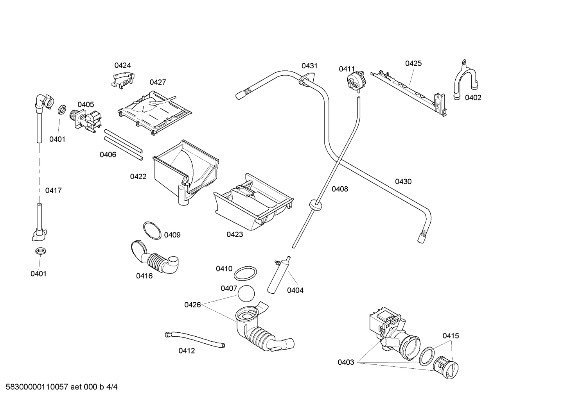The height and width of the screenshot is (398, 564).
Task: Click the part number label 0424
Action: coord(122,65)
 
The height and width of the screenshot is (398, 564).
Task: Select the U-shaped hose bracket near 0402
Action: coord(465,82)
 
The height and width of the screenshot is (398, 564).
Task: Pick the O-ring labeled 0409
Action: coord(152,230)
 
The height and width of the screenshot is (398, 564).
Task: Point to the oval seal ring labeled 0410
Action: coord(246,273)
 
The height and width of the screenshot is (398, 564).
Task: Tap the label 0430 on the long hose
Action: coord(403,181)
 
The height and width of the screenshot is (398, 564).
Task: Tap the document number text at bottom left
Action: coord(59,387)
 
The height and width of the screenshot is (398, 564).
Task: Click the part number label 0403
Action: coord(346,362)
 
